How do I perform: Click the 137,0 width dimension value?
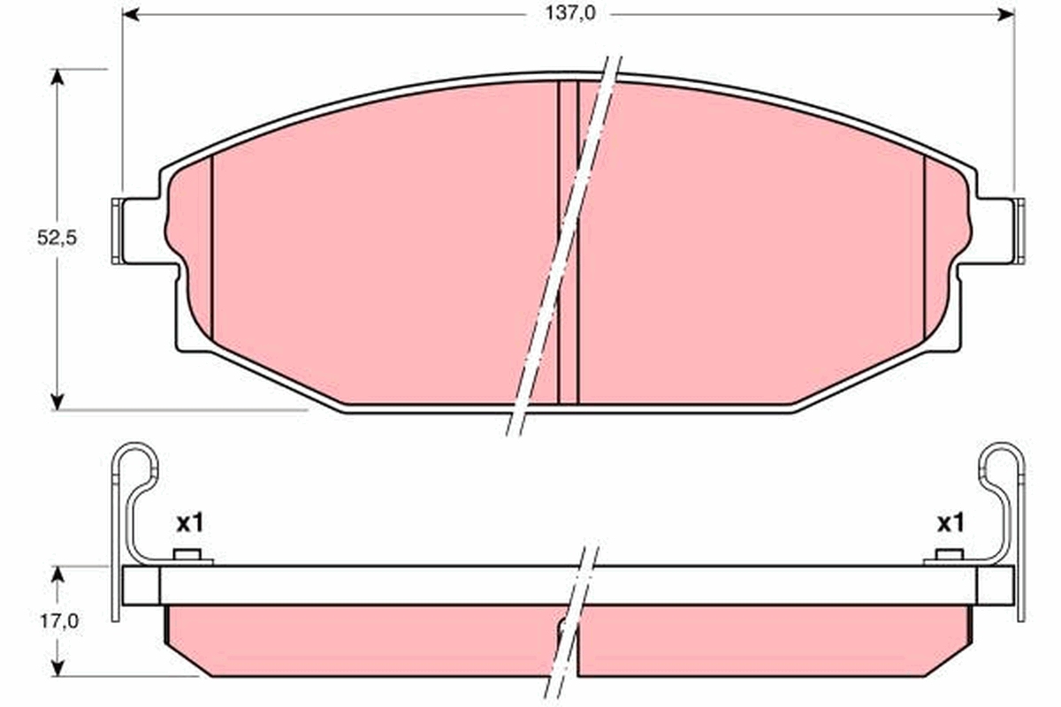tap(569, 14)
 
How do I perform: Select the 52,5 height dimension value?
tap(57, 238)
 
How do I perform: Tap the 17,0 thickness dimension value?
tap(58, 621)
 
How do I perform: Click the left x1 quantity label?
tap(190, 523)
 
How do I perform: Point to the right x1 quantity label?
tap(950, 523)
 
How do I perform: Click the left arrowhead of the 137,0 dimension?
tap(130, 15)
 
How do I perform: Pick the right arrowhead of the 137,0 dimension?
tap(1006, 15)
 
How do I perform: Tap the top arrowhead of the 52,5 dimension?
tap(57, 77)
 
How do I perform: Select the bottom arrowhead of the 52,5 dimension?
tap(57, 402)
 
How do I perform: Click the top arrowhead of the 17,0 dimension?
tap(57, 574)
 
